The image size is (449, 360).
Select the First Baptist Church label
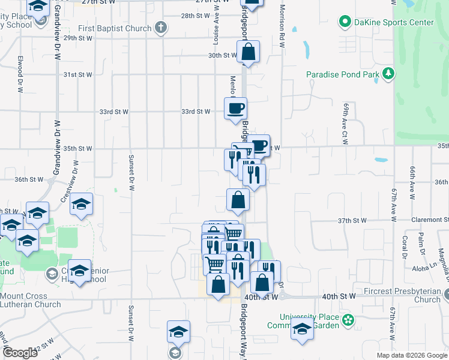[x=115, y=28]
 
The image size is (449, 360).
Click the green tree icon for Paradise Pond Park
[x=389, y=74]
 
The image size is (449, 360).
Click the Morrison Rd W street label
[x=281, y=27]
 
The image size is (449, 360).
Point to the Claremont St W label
[x=429, y=220]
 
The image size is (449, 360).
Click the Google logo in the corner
[x=20, y=353]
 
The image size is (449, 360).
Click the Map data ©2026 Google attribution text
[x=412, y=355]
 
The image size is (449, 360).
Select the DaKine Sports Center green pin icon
[x=345, y=22]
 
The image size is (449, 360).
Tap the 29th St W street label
[x=78, y=38]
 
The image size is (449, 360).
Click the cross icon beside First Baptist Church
[x=160, y=28]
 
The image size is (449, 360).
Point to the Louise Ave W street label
[x=215, y=30]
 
